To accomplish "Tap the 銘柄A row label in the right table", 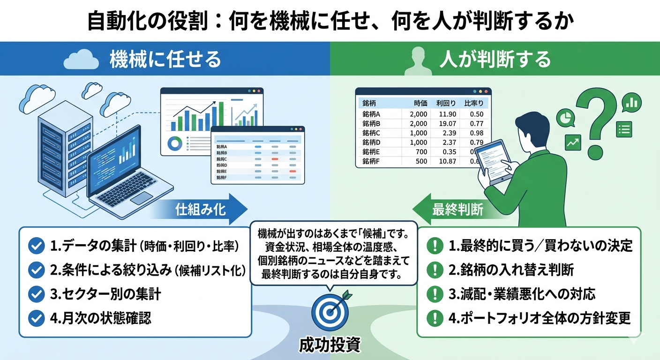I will point(371,114).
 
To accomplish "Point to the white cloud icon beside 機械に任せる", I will point(81,60).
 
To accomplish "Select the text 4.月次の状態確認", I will point(100,318).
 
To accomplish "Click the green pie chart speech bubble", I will point(566,117).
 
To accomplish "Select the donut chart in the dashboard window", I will point(175,143).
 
